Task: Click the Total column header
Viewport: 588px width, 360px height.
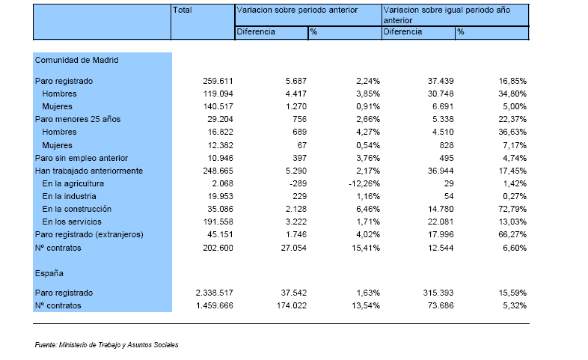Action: [183, 10]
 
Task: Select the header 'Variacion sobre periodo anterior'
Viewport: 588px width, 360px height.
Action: [297, 10]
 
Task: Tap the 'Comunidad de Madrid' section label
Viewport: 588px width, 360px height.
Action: [76, 60]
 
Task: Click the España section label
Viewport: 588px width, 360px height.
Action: [49, 273]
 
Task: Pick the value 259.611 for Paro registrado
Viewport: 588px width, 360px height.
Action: [218, 81]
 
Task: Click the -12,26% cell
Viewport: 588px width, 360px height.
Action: [364, 184]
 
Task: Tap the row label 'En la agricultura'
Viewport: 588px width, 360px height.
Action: [73, 184]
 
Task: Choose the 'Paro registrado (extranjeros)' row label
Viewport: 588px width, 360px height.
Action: [89, 235]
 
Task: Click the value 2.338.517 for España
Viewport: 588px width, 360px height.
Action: [214, 293]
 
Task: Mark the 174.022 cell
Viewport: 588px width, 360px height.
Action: [292, 305]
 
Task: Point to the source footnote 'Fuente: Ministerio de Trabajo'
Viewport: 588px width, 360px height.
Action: [106, 345]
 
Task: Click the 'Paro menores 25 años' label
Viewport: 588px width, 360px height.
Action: [78, 119]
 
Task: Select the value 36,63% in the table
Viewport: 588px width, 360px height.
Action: [512, 132]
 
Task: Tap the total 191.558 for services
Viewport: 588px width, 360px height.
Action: [218, 222]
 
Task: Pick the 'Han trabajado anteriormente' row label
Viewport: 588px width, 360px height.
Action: [89, 171]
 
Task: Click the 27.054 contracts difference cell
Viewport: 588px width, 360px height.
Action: [293, 248]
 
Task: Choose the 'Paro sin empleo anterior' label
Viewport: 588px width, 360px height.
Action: [82, 158]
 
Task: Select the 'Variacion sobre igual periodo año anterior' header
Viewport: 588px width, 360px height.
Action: [447, 16]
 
